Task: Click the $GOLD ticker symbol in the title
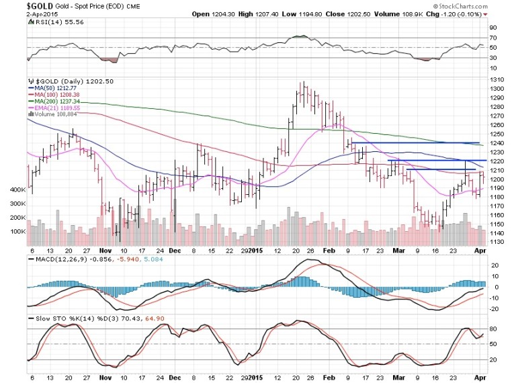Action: click(x=16, y=6)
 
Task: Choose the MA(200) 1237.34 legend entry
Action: click(x=57, y=100)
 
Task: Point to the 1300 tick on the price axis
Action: click(x=498, y=89)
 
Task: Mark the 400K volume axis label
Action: click(x=17, y=190)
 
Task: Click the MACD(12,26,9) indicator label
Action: click(x=55, y=258)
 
